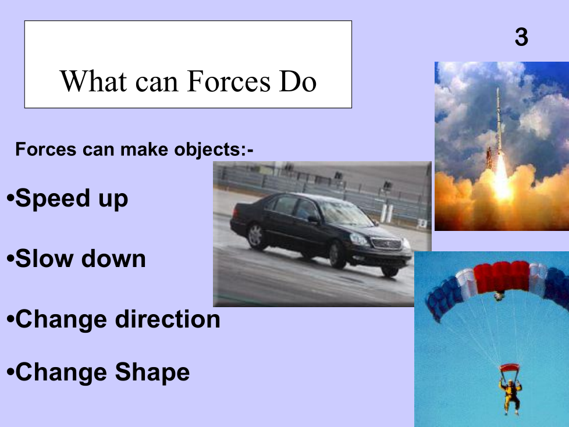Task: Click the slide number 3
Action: [521, 37]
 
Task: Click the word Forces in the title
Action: [229, 81]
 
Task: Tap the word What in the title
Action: [93, 81]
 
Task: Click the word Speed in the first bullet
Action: [52, 199]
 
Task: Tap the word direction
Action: [168, 319]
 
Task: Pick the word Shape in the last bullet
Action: [152, 372]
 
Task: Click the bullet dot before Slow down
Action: [10, 258]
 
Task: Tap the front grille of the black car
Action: [387, 243]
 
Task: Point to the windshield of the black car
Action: [344, 212]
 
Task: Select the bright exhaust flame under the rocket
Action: [502, 178]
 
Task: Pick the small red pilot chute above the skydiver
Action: [509, 368]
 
